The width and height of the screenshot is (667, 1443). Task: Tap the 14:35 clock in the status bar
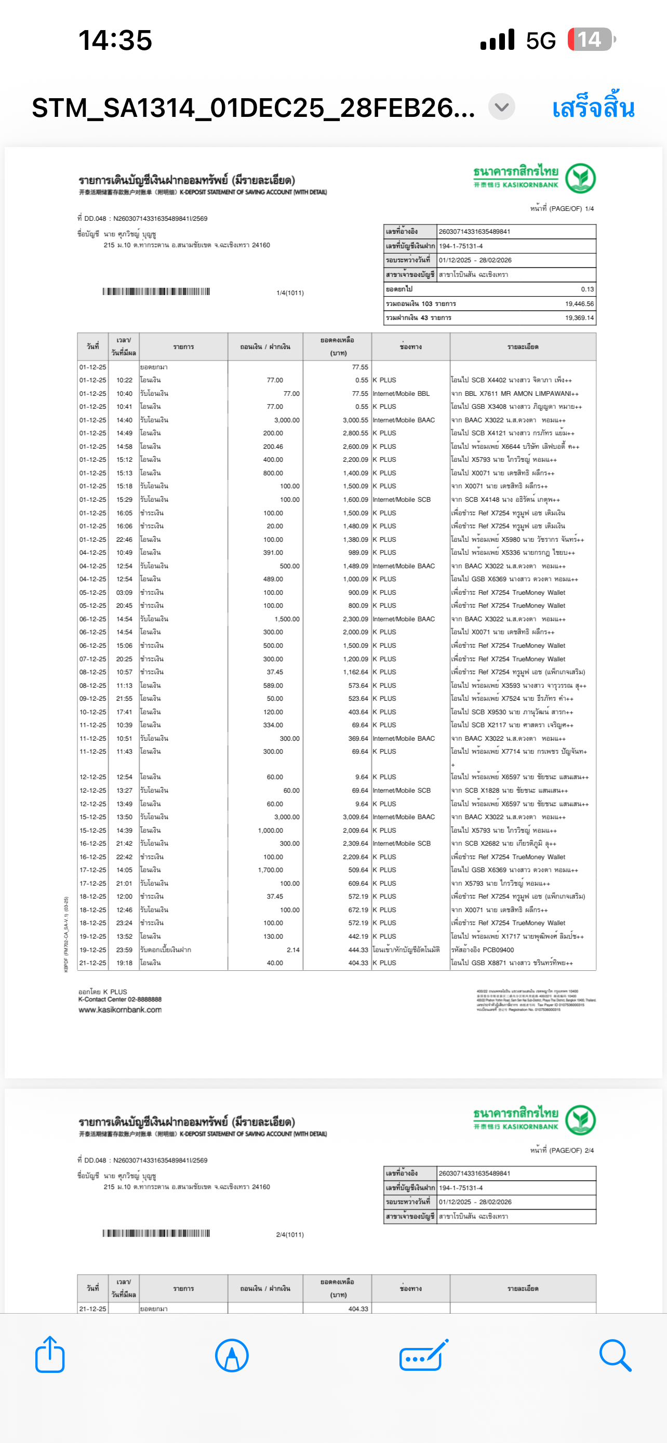(115, 41)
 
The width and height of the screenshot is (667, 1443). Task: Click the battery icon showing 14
(591, 40)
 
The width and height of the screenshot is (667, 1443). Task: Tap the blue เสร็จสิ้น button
(593, 108)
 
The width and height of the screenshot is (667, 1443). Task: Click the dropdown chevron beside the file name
(501, 106)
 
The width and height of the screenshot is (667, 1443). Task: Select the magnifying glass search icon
(615, 1355)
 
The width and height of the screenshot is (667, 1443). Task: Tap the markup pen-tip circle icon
(231, 1355)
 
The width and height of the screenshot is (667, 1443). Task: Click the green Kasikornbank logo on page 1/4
(580, 179)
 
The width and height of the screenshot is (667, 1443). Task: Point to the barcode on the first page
(156, 291)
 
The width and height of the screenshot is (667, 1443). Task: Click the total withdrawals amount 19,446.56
(579, 304)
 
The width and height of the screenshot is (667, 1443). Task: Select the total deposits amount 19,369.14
(579, 317)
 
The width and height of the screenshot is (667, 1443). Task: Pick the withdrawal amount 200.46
(273, 446)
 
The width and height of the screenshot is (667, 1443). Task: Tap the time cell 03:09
(124, 592)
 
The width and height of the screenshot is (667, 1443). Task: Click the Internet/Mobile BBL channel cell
(401, 394)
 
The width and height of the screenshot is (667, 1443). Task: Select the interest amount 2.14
(293, 950)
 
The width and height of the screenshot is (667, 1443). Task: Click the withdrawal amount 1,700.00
(271, 870)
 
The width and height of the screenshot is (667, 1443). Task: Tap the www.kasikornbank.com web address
(120, 1009)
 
